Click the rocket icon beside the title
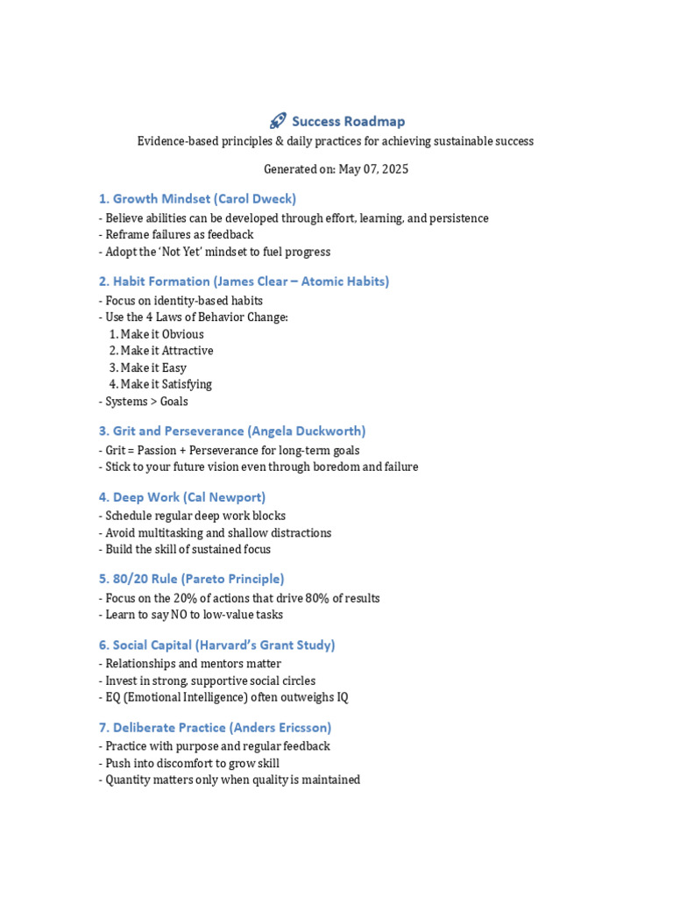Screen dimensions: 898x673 278,121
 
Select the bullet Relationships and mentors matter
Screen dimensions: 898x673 192,664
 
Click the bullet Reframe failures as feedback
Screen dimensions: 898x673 179,234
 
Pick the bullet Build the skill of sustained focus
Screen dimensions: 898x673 187,549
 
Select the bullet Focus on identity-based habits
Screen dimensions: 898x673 183,301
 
